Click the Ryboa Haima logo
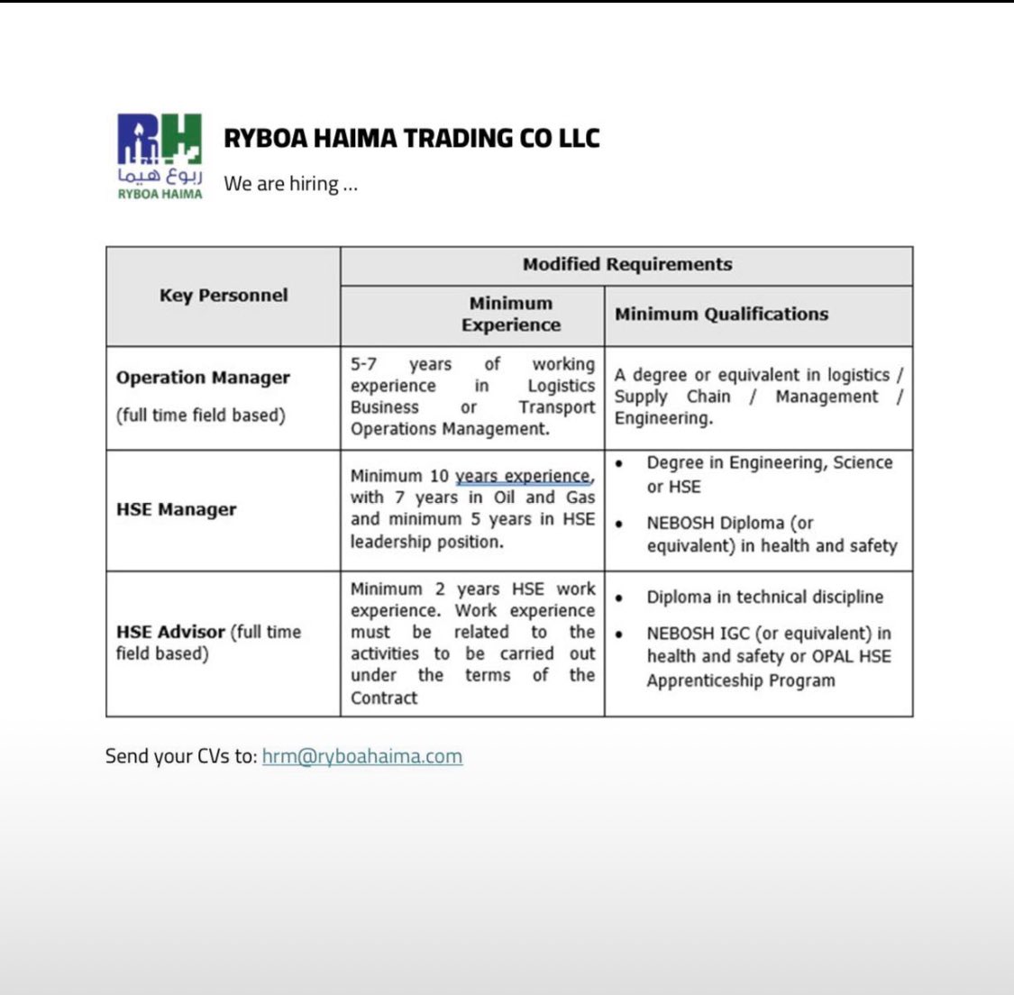pyautogui.click(x=160, y=155)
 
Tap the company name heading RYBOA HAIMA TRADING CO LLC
pyautogui.click(x=411, y=138)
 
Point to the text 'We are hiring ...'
pyautogui.click(x=290, y=184)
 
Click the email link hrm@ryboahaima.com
pyautogui.click(x=361, y=756)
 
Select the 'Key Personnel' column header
pyautogui.click(x=224, y=296)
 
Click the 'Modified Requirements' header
pyautogui.click(x=626, y=265)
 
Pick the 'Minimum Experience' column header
pyautogui.click(x=510, y=315)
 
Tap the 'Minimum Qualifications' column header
pyautogui.click(x=721, y=315)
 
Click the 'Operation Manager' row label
pyautogui.click(x=203, y=378)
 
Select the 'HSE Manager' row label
pyautogui.click(x=177, y=509)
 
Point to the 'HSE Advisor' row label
pyautogui.click(x=170, y=632)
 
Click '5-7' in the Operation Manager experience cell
pyautogui.click(x=363, y=364)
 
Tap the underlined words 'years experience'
pyautogui.click(x=523, y=476)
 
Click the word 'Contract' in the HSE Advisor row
pyautogui.click(x=384, y=698)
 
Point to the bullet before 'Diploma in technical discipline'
pyautogui.click(x=619, y=598)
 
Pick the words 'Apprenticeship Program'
pyautogui.click(x=740, y=680)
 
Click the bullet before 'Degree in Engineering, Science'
pyautogui.click(x=619, y=463)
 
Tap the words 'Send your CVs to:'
pyautogui.click(x=181, y=756)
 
